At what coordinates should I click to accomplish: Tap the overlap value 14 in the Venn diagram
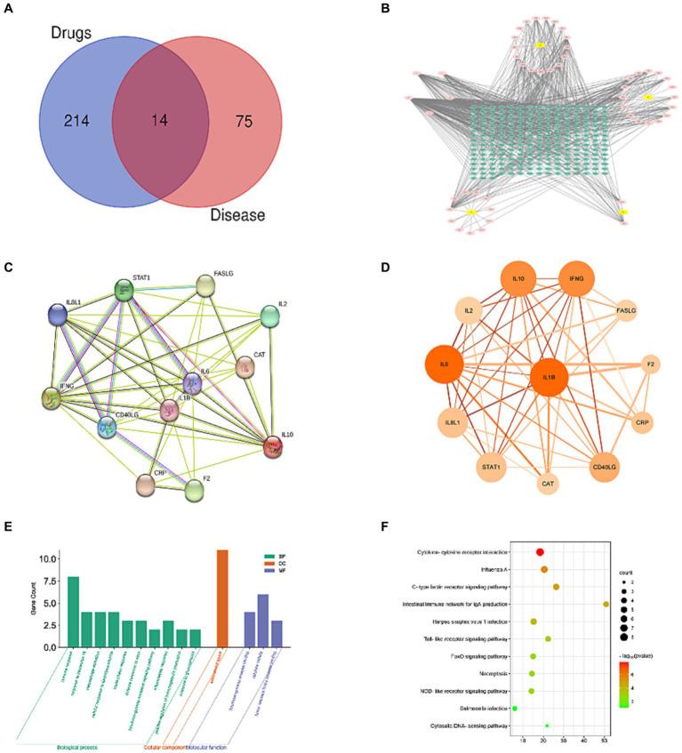click(x=161, y=120)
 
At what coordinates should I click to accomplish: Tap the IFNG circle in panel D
click(x=577, y=280)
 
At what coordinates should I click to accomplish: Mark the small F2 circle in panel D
click(x=651, y=365)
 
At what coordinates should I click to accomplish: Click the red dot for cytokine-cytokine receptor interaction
click(x=540, y=553)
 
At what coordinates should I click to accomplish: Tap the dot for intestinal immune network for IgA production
click(x=606, y=605)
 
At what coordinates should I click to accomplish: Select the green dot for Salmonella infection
click(x=515, y=709)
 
